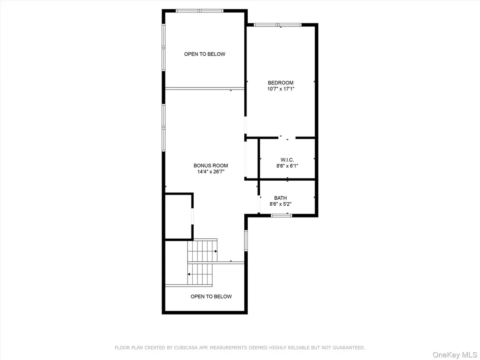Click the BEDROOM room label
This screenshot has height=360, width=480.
[280, 83]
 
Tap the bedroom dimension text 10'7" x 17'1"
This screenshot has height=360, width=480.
[281, 89]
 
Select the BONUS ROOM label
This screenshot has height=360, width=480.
[211, 165]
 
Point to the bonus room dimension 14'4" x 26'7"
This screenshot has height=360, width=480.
[211, 172]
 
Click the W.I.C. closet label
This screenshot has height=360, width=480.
[287, 160]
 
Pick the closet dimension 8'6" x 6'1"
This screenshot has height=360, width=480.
[287, 166]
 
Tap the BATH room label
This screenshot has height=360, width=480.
[280, 198]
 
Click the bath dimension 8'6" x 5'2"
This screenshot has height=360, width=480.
[280, 204]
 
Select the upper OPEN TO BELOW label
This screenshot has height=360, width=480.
[204, 54]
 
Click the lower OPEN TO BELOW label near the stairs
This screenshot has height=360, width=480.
[211, 296]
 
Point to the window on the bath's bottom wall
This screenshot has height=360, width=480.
[281, 215]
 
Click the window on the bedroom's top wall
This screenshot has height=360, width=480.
[278, 25]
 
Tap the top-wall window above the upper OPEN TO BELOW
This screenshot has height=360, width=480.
[200, 11]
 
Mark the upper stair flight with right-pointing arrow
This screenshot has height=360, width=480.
[202, 251]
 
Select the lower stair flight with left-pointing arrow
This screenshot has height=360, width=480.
[200, 274]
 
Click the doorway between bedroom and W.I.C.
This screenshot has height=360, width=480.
[287, 138]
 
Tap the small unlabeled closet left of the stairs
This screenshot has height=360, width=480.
[179, 217]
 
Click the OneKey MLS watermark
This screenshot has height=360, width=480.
[455, 355]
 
